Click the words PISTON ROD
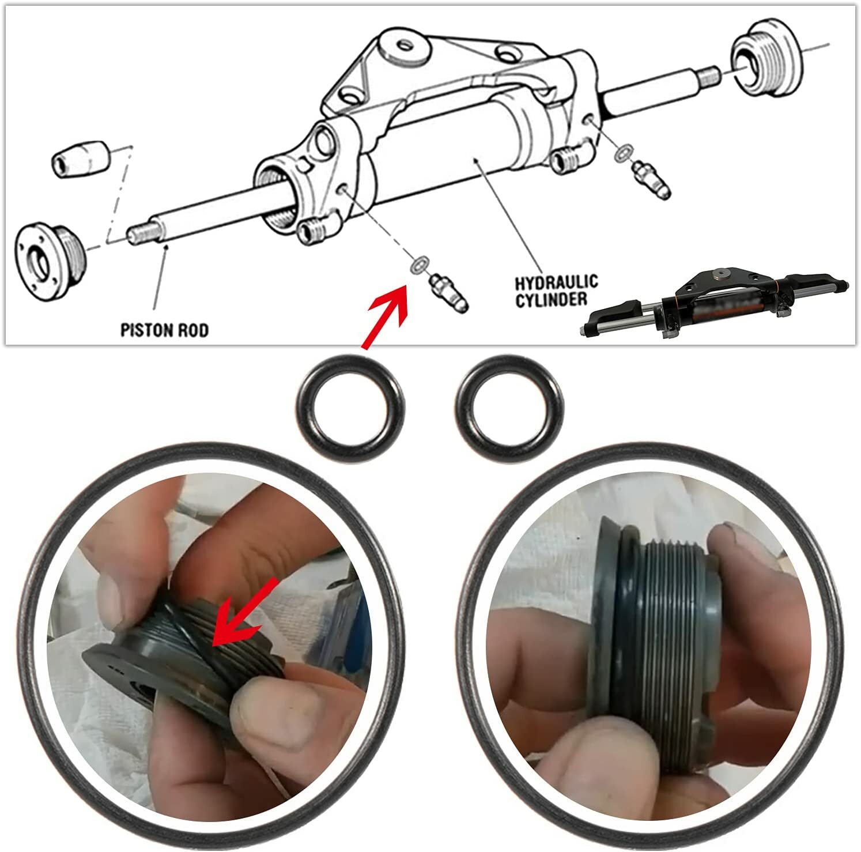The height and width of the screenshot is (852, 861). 164,330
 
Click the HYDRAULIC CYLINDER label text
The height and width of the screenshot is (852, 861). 556,291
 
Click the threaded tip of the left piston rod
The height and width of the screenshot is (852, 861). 139,235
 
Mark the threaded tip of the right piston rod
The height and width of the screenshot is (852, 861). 709,77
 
